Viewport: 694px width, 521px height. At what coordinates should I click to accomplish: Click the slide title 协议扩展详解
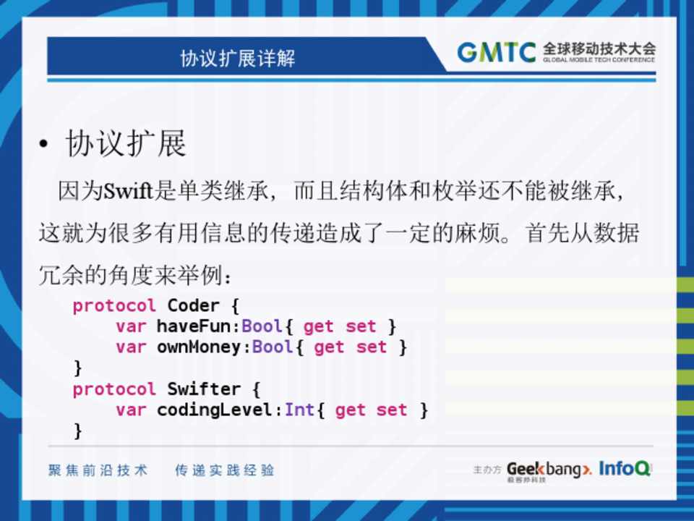(238, 58)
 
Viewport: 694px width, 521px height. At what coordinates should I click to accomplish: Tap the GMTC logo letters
(496, 52)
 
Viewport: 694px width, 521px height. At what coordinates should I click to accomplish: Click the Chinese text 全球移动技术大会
(599, 48)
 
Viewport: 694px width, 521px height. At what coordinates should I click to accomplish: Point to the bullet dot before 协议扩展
(43, 144)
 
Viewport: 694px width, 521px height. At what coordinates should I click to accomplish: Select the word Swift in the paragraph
(129, 191)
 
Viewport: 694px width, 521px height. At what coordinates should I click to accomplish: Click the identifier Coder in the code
(194, 305)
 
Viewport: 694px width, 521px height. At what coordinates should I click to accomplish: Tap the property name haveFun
(194, 326)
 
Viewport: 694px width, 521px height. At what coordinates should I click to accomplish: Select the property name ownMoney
(199, 347)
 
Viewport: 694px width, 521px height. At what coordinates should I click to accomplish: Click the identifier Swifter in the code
(204, 389)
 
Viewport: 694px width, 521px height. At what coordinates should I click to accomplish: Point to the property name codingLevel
(214, 410)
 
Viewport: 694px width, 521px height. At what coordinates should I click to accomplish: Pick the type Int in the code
(299, 410)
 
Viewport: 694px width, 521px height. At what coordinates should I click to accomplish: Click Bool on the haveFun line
(262, 326)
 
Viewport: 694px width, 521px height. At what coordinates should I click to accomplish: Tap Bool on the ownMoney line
(273, 347)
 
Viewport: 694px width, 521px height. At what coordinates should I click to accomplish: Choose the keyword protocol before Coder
(114, 306)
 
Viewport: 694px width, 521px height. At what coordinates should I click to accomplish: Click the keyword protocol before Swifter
(114, 390)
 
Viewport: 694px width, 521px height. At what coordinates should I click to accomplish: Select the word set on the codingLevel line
(392, 410)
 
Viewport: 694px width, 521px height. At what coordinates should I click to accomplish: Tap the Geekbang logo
(549, 470)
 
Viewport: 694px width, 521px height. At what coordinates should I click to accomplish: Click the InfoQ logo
(625, 468)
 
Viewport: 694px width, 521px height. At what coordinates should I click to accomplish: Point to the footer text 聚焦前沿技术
(98, 470)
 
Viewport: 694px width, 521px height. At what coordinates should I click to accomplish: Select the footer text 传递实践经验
(225, 470)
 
